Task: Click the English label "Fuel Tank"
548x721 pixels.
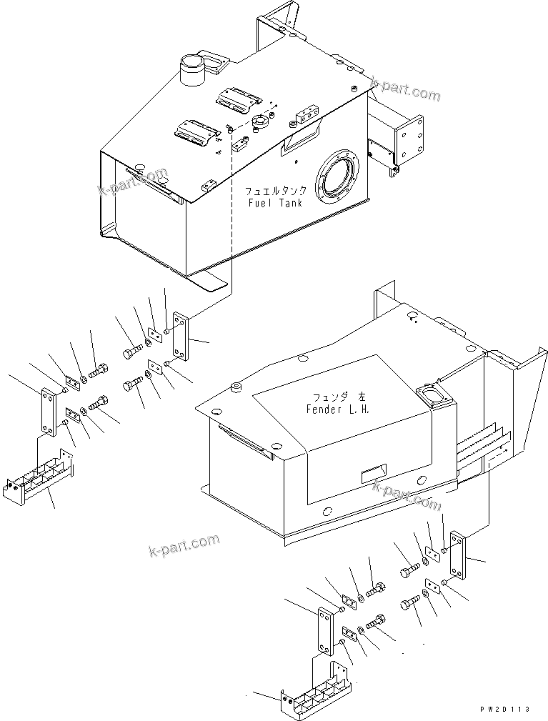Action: [x=275, y=203]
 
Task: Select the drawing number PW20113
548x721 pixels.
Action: [x=505, y=710]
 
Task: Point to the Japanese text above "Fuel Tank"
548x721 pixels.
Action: [x=276, y=192]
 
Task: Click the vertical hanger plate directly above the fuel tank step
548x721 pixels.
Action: [x=48, y=411]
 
